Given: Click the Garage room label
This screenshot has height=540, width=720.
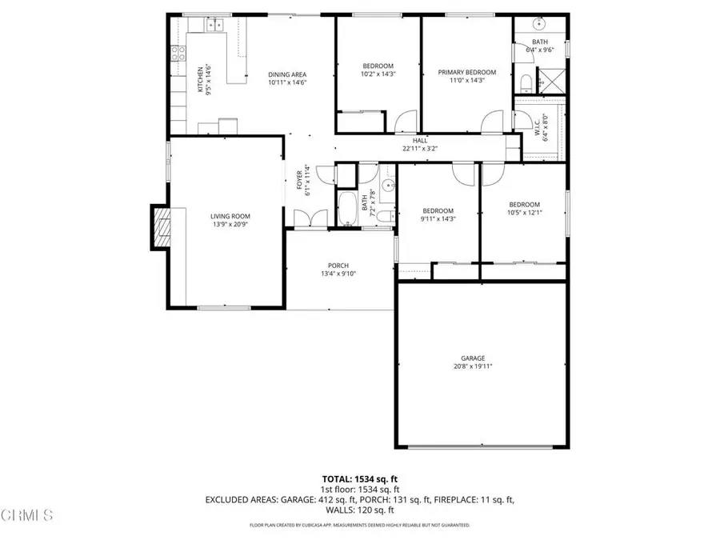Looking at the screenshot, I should (472, 358).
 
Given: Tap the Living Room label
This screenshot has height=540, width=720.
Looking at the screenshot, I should (230, 216).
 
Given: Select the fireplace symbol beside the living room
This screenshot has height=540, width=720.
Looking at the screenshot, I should (161, 227).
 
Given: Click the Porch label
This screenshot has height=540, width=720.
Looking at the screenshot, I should (338, 266).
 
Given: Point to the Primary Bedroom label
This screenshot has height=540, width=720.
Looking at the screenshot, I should (466, 72).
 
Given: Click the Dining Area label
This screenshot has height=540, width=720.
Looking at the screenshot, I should (287, 74).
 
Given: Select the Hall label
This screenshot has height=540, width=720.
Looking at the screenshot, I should (420, 140).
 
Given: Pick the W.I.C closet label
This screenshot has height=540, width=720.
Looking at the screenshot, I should (537, 124).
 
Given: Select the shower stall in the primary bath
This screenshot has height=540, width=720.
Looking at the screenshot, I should (552, 80).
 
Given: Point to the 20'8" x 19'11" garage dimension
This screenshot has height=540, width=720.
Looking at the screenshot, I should (472, 367).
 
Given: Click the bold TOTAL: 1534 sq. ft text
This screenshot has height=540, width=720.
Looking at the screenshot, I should (359, 479).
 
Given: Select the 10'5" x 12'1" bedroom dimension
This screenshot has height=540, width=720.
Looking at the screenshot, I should (524, 213).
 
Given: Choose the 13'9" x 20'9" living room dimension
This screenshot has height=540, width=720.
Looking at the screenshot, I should (230, 225).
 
